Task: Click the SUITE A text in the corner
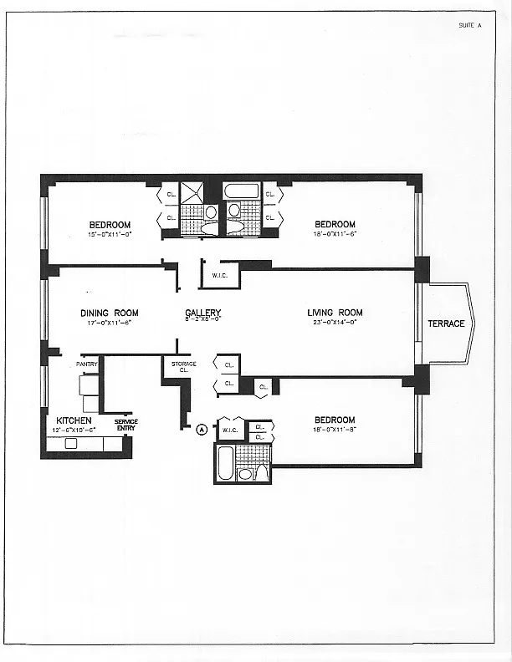[x=470, y=26]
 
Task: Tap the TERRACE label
[x=446, y=323]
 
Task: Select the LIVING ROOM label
[x=335, y=313]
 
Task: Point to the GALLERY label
[x=202, y=313]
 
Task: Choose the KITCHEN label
[x=74, y=420]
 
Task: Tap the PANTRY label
[x=87, y=364]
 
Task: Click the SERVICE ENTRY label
[x=125, y=425]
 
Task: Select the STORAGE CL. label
[x=184, y=366]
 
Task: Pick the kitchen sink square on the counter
[x=70, y=443]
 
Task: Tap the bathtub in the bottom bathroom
[x=225, y=464]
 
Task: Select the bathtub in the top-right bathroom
[x=242, y=191]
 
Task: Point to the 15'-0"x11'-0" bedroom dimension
[x=110, y=234]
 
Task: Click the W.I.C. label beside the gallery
[x=221, y=275]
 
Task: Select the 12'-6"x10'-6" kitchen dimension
[x=74, y=430]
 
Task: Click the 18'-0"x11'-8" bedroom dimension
[x=335, y=430]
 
